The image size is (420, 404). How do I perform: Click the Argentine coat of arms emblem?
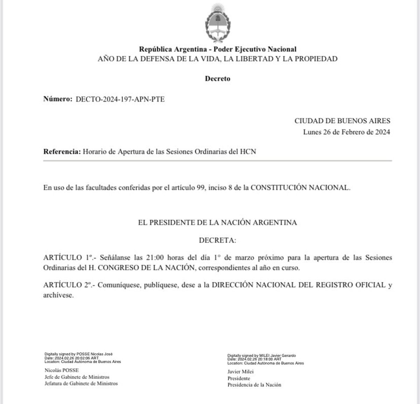(x=217, y=22)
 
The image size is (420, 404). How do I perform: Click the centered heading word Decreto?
(x=217, y=79)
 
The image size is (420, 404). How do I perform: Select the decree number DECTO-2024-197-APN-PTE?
(x=120, y=99)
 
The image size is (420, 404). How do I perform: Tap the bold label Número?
(x=57, y=99)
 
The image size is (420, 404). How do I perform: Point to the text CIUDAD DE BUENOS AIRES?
(x=342, y=121)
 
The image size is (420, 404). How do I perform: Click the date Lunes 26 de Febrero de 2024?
(x=346, y=132)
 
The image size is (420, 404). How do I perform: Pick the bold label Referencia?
(x=62, y=152)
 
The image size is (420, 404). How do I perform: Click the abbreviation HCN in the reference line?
(x=248, y=152)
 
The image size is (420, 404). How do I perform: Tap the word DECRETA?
(x=217, y=241)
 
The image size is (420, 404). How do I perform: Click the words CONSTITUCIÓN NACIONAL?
(x=300, y=187)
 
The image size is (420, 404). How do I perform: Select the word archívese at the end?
(x=58, y=295)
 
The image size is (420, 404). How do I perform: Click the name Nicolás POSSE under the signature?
(x=62, y=370)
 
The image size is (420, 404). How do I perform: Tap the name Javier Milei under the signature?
(x=240, y=372)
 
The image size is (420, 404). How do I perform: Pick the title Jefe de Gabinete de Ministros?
(x=77, y=377)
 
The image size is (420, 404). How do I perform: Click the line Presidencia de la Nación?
(x=254, y=385)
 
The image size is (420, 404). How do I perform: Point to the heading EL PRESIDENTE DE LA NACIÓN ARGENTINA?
(x=217, y=222)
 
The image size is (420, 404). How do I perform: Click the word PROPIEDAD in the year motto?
(x=316, y=59)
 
